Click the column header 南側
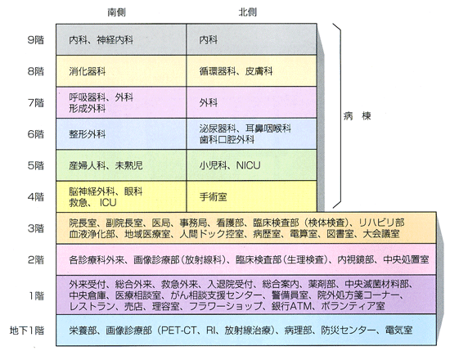point(116,12)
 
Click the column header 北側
point(247,12)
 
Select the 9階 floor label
point(35,39)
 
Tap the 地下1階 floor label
point(27,331)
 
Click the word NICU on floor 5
point(248,165)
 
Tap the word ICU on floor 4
point(108,203)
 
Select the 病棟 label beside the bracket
point(358,116)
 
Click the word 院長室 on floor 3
point(83,223)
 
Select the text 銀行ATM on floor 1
point(291,306)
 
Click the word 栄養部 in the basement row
point(83,331)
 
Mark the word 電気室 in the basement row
point(398,331)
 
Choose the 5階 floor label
point(35,165)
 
